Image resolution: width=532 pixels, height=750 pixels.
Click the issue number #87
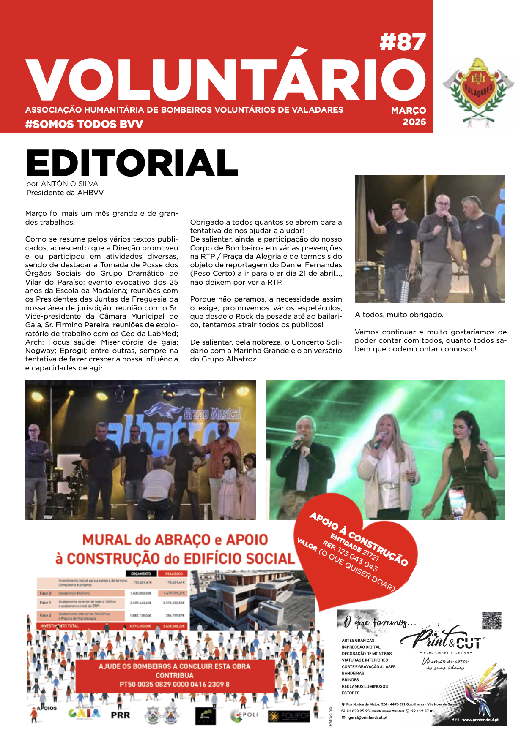pos(403,43)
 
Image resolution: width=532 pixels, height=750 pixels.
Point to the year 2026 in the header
pos(414,122)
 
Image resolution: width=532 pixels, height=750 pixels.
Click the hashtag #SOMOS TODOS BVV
pos(84,124)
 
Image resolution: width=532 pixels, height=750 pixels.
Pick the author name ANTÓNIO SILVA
pos(69,184)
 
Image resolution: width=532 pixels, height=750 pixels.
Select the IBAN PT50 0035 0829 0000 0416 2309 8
pos(174,684)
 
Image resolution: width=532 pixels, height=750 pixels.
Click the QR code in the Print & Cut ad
pos(491,621)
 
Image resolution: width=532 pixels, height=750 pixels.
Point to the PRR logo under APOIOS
pos(121,715)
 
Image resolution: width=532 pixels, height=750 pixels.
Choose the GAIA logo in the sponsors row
pos(85,713)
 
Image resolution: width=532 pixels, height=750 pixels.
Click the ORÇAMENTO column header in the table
pos(141,573)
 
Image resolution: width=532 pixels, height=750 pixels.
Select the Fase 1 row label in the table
pos(45,603)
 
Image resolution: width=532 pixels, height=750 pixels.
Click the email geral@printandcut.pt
pos(367,717)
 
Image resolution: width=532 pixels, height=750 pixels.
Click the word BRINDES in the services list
pos(350,680)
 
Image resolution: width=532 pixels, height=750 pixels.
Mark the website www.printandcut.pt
pos(480,720)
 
